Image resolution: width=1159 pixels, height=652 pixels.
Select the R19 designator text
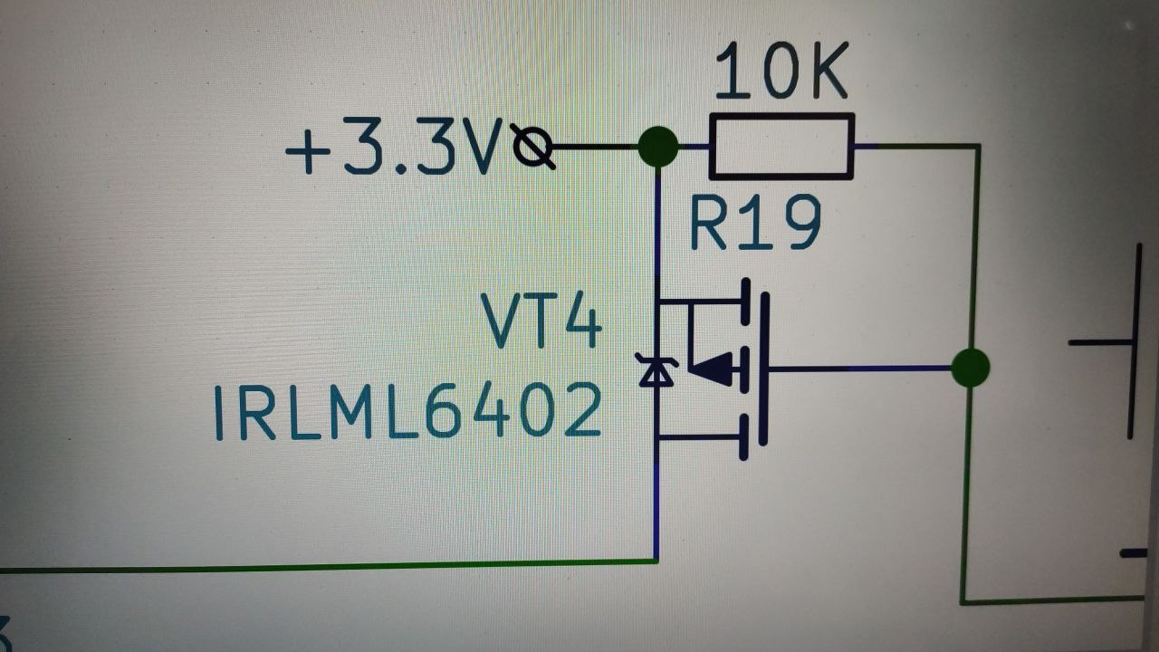(x=755, y=224)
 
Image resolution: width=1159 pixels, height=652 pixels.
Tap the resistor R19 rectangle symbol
(x=781, y=146)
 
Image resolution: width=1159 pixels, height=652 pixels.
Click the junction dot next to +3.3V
(x=658, y=147)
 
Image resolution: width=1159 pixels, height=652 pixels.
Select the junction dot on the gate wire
(x=970, y=369)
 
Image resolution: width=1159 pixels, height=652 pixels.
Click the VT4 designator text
(x=541, y=321)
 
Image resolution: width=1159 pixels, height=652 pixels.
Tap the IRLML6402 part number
(x=407, y=411)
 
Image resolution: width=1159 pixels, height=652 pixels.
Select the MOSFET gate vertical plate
(x=763, y=369)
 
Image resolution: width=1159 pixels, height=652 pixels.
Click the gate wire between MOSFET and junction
(x=860, y=369)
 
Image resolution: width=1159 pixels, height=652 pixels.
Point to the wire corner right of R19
(x=978, y=146)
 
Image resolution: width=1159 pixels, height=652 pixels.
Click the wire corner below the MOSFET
(x=656, y=561)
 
